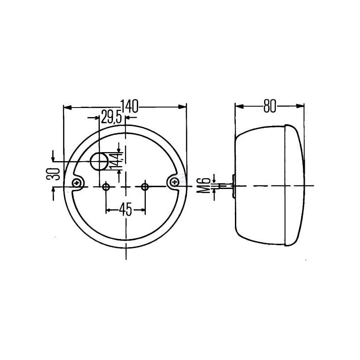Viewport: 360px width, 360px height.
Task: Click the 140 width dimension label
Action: click(130, 106)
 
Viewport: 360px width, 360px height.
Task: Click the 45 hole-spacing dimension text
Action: click(126, 210)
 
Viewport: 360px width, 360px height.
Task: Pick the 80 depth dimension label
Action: click(270, 106)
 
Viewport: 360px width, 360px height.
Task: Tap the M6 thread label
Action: click(204, 185)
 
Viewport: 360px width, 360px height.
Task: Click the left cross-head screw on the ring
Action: click(76, 183)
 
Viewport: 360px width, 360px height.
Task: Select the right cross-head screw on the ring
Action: click(175, 182)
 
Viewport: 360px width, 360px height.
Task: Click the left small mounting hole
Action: click(106, 187)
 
